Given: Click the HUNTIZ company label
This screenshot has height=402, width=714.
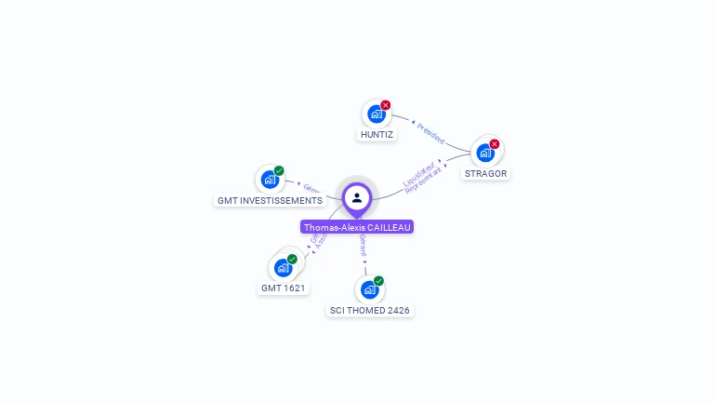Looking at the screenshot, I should [377, 135].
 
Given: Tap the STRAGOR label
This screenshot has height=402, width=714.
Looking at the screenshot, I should [486, 173].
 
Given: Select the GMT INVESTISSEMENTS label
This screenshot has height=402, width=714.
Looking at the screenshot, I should [270, 200].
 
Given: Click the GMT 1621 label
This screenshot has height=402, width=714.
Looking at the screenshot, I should [284, 288].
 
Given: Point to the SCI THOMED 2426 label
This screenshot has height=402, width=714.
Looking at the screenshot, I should [370, 310].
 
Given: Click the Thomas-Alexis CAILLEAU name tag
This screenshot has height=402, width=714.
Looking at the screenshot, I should [357, 227].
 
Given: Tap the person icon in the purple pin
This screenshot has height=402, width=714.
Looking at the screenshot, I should [357, 197].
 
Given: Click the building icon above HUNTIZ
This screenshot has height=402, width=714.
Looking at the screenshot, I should [376, 114].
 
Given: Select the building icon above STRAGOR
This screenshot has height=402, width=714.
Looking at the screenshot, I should [484, 152].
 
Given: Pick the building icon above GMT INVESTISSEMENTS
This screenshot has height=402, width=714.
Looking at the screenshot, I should [270, 179].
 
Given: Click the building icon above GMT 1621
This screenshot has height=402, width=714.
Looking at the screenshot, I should [283, 267].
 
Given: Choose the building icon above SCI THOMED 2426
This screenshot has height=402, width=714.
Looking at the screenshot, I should [369, 289].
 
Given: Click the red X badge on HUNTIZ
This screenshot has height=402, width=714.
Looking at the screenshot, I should [386, 105].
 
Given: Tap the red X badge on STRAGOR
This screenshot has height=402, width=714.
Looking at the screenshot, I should [495, 143].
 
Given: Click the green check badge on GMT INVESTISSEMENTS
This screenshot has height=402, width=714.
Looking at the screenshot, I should [279, 170].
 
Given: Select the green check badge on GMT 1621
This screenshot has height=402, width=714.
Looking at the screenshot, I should [292, 259].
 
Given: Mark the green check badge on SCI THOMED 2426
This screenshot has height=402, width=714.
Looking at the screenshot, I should [378, 281].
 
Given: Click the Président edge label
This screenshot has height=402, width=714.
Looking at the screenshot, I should [430, 132].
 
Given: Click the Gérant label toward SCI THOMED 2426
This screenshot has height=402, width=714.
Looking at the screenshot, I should [363, 245].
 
